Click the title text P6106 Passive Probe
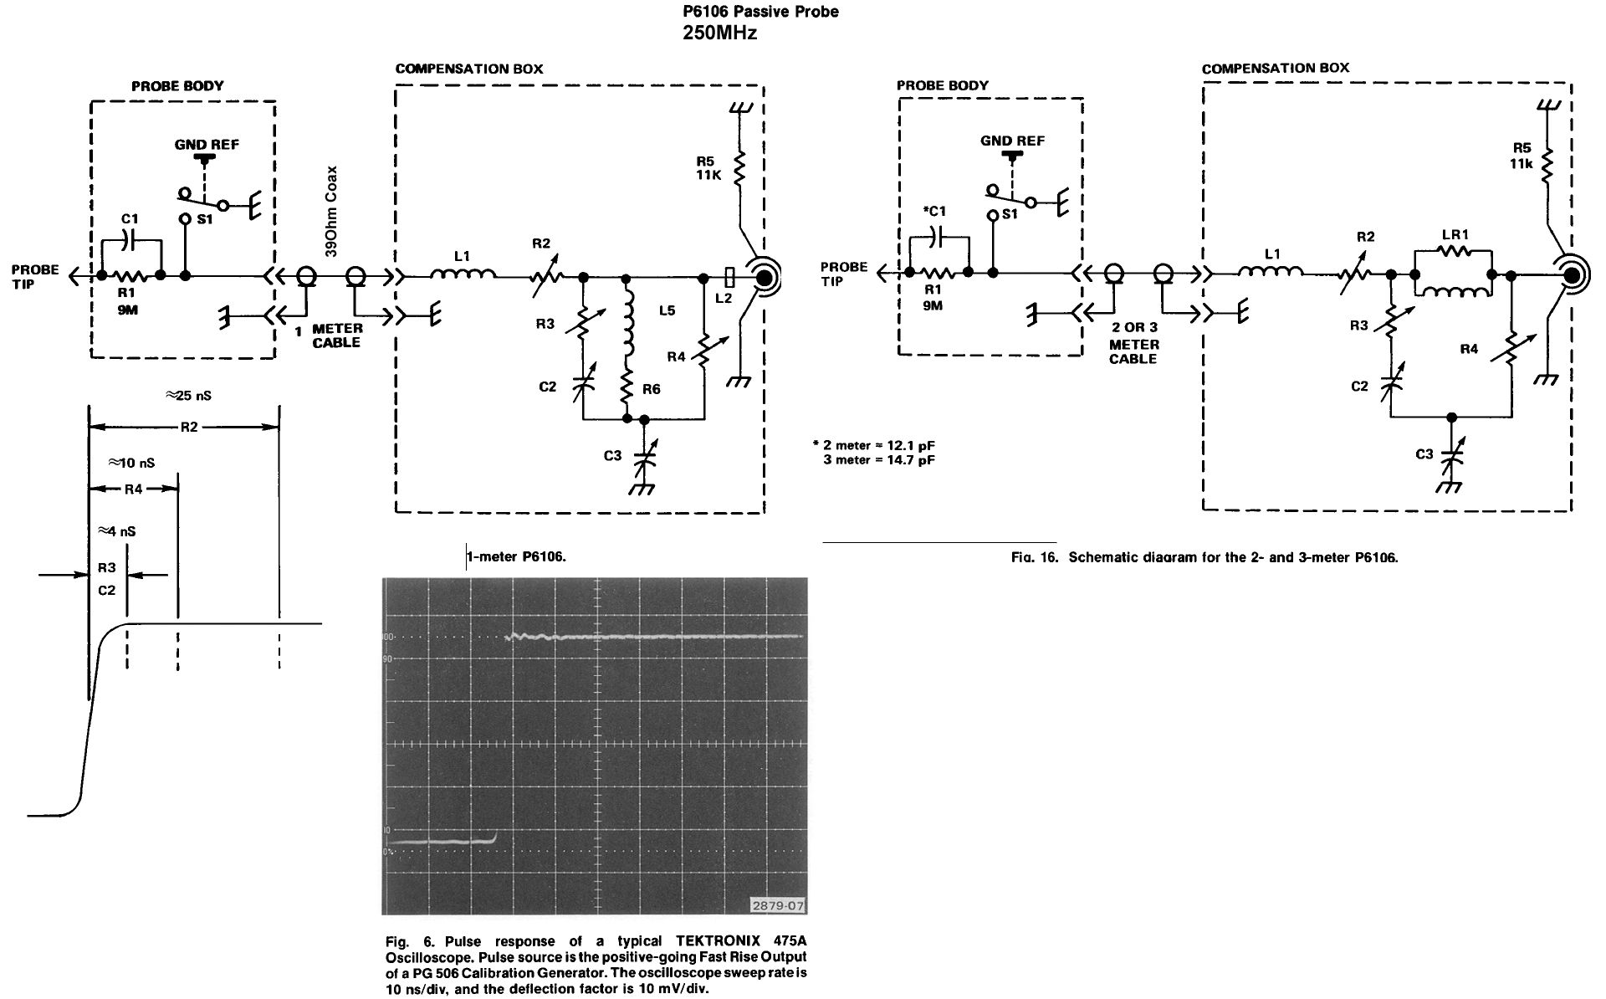[x=760, y=12]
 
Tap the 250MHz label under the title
[x=720, y=33]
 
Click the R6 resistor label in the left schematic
[x=652, y=389]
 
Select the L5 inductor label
[x=667, y=311]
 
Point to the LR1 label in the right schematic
[x=1455, y=235]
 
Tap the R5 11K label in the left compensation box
[x=708, y=169]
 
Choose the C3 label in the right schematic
[x=1424, y=454]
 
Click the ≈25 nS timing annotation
[x=188, y=396]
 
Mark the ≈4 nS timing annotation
[x=117, y=531]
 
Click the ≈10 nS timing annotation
[x=131, y=463]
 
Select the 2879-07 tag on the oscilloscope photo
[x=778, y=905]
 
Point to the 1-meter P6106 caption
[x=517, y=556]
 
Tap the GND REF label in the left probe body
[x=207, y=145]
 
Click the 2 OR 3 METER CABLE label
[x=1133, y=344]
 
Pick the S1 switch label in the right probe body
[x=1010, y=214]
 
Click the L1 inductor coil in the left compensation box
[x=463, y=273]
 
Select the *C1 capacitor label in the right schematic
[x=933, y=212]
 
